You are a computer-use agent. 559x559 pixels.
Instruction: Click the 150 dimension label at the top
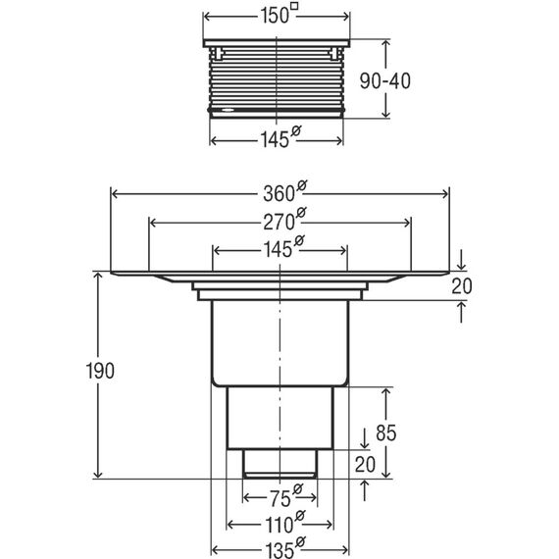pos(275,16)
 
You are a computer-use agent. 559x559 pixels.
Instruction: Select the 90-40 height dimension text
pos(384,81)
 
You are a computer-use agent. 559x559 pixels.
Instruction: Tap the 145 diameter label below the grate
pos(275,139)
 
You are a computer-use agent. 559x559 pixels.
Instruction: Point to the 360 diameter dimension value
pos(279,194)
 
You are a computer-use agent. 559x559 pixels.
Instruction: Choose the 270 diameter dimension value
pos(279,222)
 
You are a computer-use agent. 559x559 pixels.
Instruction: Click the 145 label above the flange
pos(278,249)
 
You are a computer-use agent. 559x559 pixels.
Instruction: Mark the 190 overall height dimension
pos(100,371)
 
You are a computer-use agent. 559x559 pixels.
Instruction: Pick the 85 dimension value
pos(385,433)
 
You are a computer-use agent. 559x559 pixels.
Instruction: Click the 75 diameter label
pos(279,499)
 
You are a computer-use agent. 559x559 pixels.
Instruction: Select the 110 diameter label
pos(279,525)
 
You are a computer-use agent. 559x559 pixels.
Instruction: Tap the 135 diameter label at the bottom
pos(279,549)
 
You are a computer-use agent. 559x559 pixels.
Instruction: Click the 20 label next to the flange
pos(462,286)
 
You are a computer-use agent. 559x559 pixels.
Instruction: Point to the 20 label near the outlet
pos(365,465)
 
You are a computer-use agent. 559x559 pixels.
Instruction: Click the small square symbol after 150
pos(294,6)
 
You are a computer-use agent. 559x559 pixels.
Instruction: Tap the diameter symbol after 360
pos(302,186)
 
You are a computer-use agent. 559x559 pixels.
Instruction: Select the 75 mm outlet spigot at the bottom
pos(279,463)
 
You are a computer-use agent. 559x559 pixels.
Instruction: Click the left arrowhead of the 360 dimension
pos(115,194)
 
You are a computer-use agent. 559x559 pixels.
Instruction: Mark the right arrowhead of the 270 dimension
pos(407,223)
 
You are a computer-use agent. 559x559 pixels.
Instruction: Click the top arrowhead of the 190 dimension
pos(98,276)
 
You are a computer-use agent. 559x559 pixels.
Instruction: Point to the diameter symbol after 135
pos(300,542)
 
